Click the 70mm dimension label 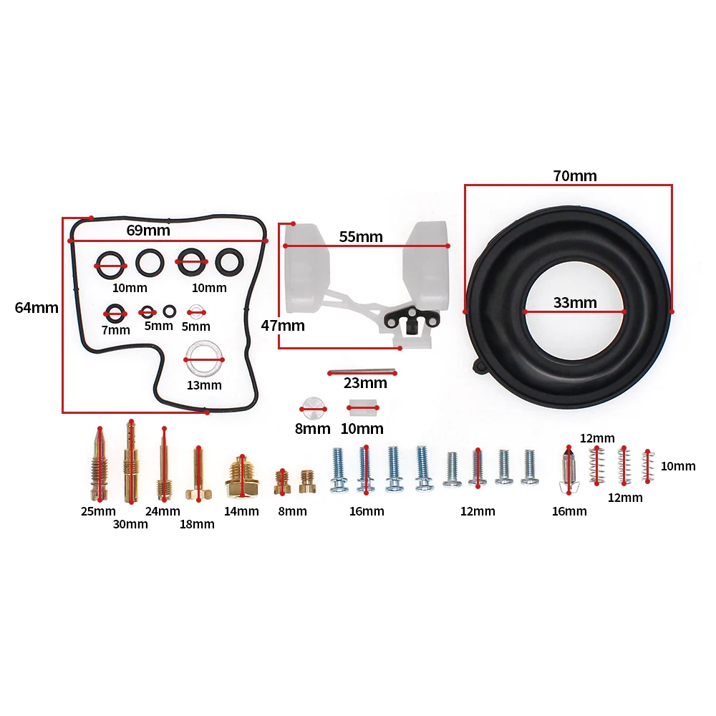(575, 176)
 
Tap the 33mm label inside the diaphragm (575, 302)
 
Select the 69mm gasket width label (148, 230)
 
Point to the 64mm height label (37, 307)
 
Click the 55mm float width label (361, 236)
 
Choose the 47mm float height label (283, 326)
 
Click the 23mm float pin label (365, 382)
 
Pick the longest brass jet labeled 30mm (130, 461)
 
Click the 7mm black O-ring (115, 306)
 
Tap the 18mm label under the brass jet (197, 524)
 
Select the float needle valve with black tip (569, 470)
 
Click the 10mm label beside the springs (678, 466)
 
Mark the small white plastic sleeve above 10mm (363, 407)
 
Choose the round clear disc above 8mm (314, 408)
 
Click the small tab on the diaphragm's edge (480, 366)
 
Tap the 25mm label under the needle (98, 511)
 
